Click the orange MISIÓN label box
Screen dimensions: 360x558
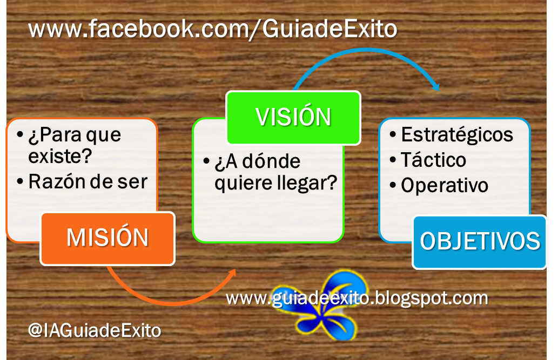point(107,238)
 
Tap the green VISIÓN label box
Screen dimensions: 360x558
point(293,118)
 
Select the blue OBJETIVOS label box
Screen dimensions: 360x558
point(480,241)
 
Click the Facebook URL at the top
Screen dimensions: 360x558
point(212,29)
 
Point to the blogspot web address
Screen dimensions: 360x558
point(357,297)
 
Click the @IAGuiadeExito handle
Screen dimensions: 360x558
point(95,330)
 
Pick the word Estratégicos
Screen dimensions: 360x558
point(457,134)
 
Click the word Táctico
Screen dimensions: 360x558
point(433,160)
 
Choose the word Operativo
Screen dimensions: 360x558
point(445,185)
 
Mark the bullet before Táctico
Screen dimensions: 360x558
point(393,160)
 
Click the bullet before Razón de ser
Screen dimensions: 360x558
point(20,182)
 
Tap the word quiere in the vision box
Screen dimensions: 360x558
point(240,183)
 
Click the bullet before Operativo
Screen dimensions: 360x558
point(393,186)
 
